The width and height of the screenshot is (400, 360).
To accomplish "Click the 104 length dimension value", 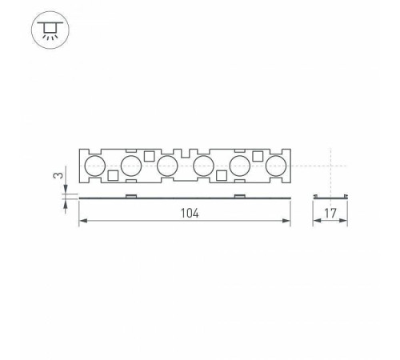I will pyautogui.click(x=188, y=214).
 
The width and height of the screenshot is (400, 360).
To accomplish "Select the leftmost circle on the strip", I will pyautogui.click(x=94, y=166).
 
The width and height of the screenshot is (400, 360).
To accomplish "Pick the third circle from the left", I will pyautogui.click(x=166, y=166).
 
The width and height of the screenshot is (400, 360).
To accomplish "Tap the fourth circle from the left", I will pyautogui.click(x=203, y=166).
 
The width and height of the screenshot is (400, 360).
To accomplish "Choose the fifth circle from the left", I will pyautogui.click(x=239, y=166).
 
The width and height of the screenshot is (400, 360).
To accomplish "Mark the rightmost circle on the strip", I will pyautogui.click(x=276, y=166).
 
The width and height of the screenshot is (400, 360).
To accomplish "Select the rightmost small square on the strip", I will pyautogui.click(x=258, y=156).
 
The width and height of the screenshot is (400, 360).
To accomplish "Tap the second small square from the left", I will pyautogui.click(x=149, y=156).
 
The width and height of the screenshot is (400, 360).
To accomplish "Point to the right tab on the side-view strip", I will pyautogui.click(x=238, y=194).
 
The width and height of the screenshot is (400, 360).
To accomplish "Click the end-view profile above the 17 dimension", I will pyautogui.click(x=330, y=195).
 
